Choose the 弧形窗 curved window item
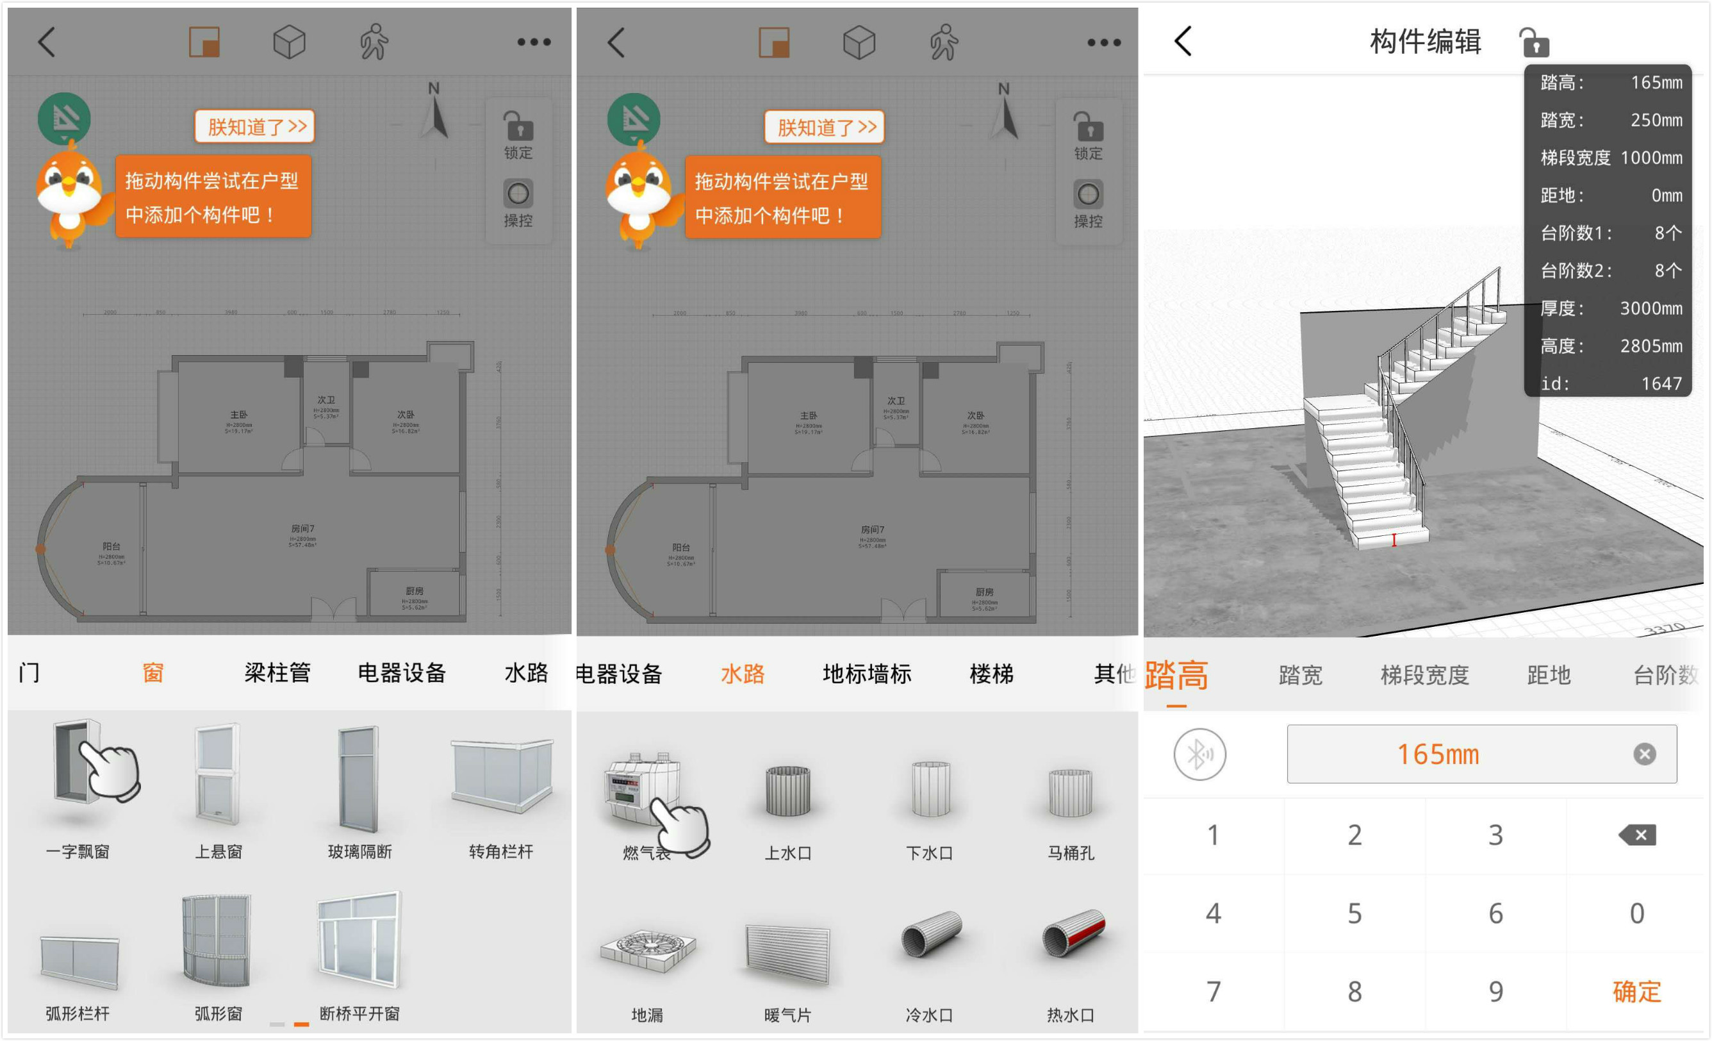pyautogui.click(x=217, y=941)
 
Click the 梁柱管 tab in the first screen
pyautogui.click(x=277, y=672)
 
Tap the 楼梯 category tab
pyautogui.click(x=991, y=674)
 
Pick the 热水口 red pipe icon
pyautogui.click(x=1071, y=935)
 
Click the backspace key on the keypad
pyautogui.click(x=1637, y=835)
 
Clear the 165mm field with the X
pyautogui.click(x=1644, y=754)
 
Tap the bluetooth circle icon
pyautogui.click(x=1200, y=754)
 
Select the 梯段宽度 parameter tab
pyautogui.click(x=1424, y=675)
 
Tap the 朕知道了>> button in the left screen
pyautogui.click(x=255, y=126)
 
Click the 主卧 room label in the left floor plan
pyautogui.click(x=238, y=415)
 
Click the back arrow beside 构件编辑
pyautogui.click(x=1183, y=41)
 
